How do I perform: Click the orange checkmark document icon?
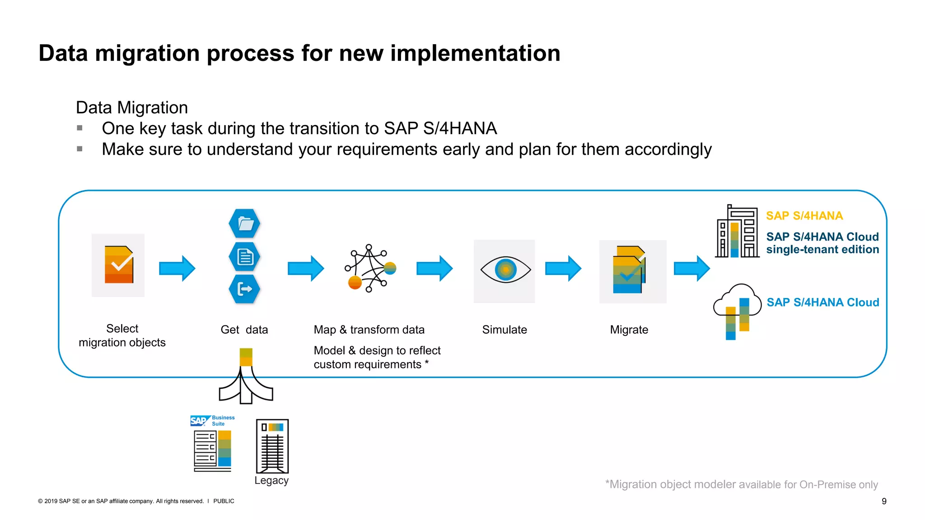tap(118, 265)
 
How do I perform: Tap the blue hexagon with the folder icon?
tap(244, 223)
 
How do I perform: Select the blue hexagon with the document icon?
tap(244, 257)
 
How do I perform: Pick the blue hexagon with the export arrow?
tap(244, 289)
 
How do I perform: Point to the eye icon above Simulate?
tap(505, 270)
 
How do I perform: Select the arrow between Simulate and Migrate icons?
tap(563, 269)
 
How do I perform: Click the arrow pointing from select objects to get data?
tap(177, 269)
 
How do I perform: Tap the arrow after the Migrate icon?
tap(691, 269)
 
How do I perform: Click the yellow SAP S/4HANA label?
tap(804, 216)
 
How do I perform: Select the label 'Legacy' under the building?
tap(271, 481)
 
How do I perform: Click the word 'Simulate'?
tap(505, 330)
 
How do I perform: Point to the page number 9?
tap(884, 501)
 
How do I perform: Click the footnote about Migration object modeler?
tap(741, 485)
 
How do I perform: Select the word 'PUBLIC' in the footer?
tap(224, 501)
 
